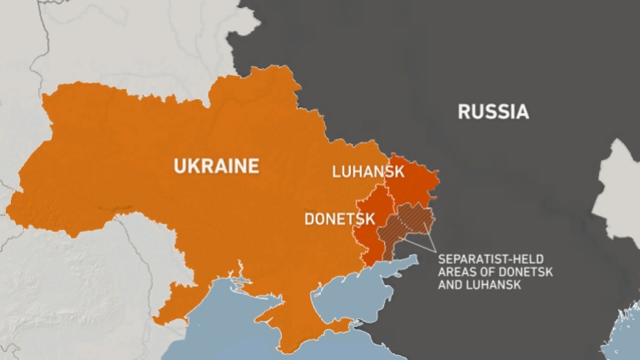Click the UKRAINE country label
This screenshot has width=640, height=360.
[216, 166]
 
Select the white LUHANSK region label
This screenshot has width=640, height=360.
[367, 172]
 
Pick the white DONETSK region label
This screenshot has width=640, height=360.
[339, 220]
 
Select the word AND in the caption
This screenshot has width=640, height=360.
[451, 285]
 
